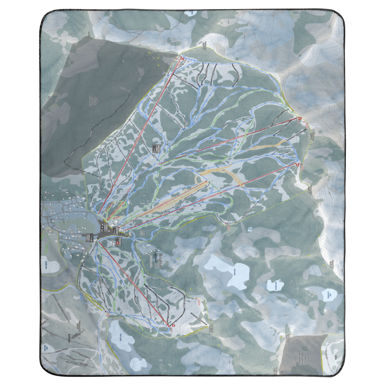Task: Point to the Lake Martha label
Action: point(275,285)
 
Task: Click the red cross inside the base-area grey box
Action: point(117,243)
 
